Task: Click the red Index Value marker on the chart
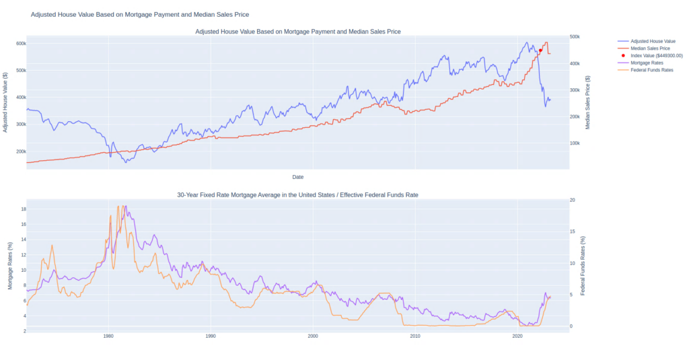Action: (x=540, y=50)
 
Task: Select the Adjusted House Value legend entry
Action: (x=652, y=41)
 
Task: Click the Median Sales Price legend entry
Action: (x=649, y=48)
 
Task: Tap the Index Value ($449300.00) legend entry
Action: (x=656, y=56)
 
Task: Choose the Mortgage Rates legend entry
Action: (x=647, y=63)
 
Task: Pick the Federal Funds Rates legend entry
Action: (x=651, y=70)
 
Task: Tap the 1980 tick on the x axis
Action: (x=108, y=335)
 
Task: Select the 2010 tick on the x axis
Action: (x=415, y=335)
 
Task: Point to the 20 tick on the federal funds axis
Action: (x=572, y=200)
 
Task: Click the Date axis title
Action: (x=297, y=177)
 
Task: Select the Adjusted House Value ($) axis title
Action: (x=6, y=101)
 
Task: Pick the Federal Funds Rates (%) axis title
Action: (x=583, y=265)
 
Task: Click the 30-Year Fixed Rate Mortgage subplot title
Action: (x=297, y=194)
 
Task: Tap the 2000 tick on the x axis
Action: (x=313, y=335)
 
